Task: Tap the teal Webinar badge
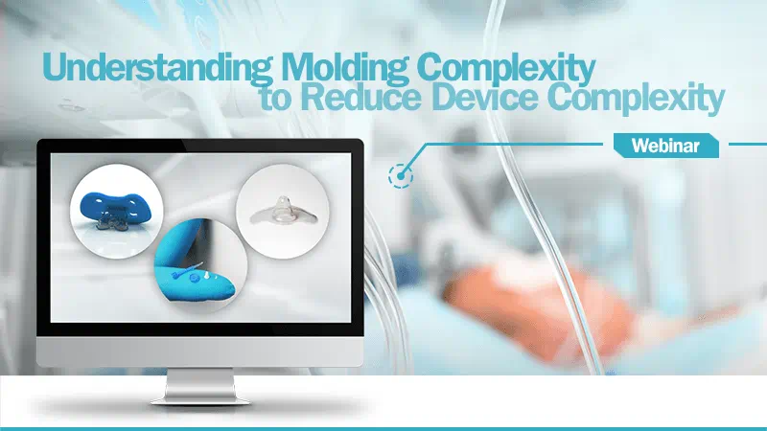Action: [x=664, y=147]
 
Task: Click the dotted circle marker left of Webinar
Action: [x=400, y=175]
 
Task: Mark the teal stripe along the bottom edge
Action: [x=383, y=427]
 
